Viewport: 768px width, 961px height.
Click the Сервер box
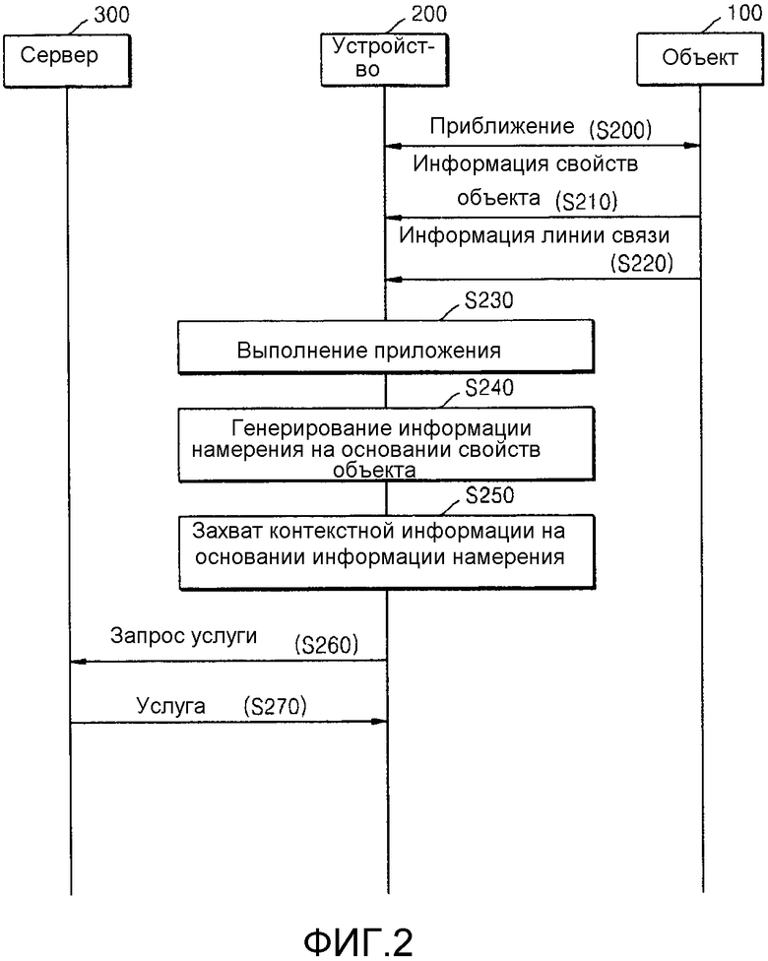pyautogui.click(x=67, y=61)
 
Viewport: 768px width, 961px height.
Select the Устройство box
pyautogui.click(x=384, y=59)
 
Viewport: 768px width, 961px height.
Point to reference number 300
pyautogui.click(x=111, y=14)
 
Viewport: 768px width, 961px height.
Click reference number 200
pyautogui.click(x=428, y=13)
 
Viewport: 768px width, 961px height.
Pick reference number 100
pyautogui.click(x=744, y=12)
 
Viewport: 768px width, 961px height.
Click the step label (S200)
pyautogui.click(x=620, y=129)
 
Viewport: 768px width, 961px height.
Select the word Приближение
pyautogui.click(x=502, y=126)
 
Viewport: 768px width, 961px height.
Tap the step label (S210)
pyautogui.click(x=586, y=201)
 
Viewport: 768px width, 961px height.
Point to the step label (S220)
pyautogui.click(x=642, y=263)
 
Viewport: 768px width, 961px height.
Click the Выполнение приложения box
pyautogui.click(x=386, y=347)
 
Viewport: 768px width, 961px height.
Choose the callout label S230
pyautogui.click(x=489, y=300)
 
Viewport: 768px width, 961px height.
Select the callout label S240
pyautogui.click(x=489, y=387)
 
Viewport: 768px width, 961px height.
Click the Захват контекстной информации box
pyautogui.click(x=387, y=552)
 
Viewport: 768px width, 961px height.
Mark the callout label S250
pyautogui.click(x=489, y=495)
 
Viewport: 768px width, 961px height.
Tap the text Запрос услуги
pyautogui.click(x=183, y=636)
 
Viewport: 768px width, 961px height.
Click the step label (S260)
pyautogui.click(x=326, y=645)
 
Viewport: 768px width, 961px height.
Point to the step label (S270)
pyautogui.click(x=275, y=707)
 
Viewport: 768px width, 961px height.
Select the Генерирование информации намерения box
pyautogui.click(x=387, y=444)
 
